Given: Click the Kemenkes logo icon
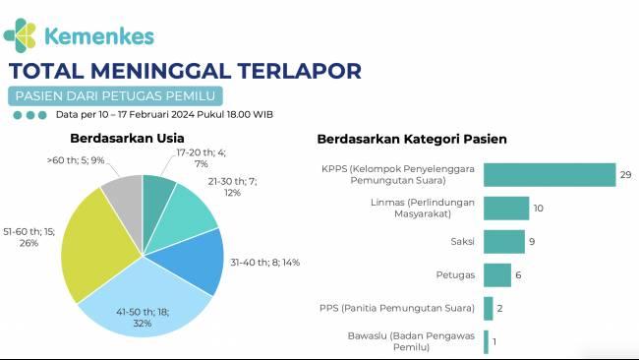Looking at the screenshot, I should [x=24, y=34].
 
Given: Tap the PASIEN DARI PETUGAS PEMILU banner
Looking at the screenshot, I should [x=113, y=95].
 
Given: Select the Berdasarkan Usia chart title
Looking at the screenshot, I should [x=127, y=139].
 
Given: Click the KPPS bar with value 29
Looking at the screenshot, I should [x=549, y=175].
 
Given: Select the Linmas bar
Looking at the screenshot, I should [x=506, y=209].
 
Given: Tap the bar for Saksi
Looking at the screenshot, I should [x=503, y=241].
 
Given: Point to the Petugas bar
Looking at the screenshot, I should [x=496, y=275].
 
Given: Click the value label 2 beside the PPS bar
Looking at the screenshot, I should [x=500, y=309].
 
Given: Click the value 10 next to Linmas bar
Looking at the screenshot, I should [x=539, y=209].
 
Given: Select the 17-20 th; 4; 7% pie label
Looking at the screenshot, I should [x=194, y=157].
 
